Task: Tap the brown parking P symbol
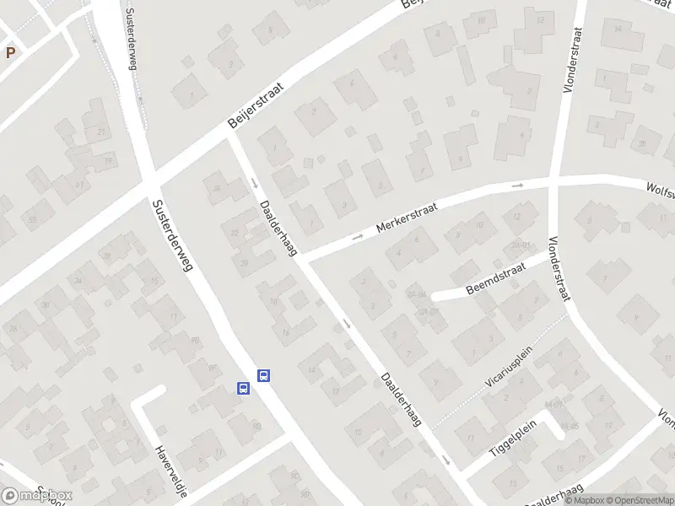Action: click(x=10, y=52)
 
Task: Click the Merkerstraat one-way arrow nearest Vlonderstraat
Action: click(x=518, y=186)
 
